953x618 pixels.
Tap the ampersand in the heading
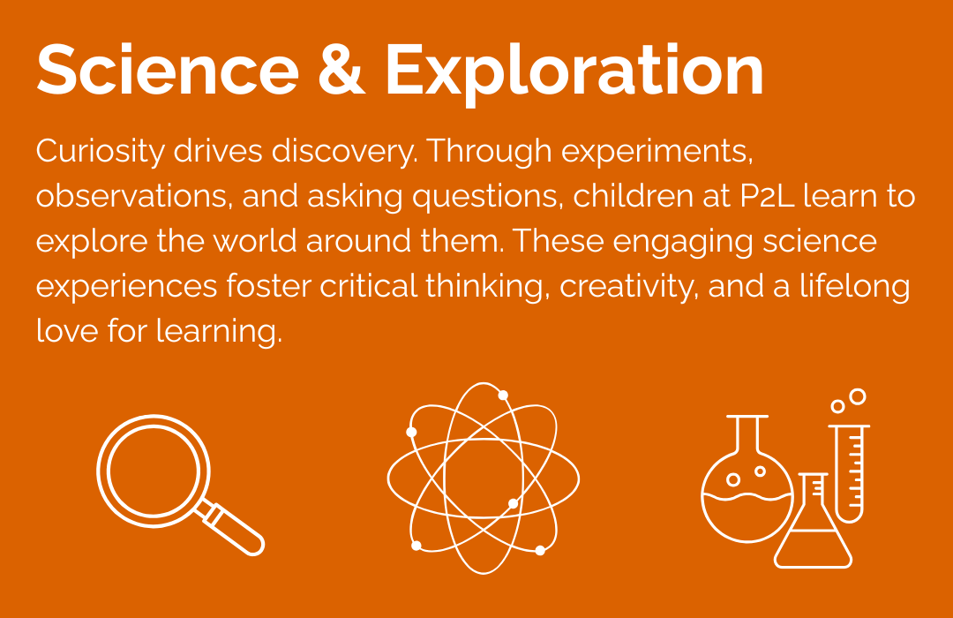pos(341,70)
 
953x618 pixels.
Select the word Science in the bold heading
pos(168,70)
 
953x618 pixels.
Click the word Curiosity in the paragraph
pos(100,152)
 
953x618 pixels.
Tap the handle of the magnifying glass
pos(234,529)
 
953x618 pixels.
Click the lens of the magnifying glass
pos(154,471)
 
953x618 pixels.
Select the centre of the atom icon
pos(484,479)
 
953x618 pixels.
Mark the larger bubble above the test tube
pos(858,397)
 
